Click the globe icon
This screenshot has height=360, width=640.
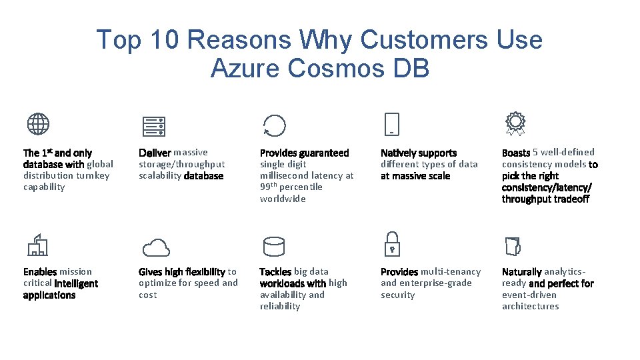(38, 124)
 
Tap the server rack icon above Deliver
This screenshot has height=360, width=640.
(154, 125)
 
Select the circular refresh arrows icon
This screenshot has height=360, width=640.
(274, 125)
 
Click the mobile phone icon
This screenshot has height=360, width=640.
(392, 125)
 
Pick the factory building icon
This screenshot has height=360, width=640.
(37, 245)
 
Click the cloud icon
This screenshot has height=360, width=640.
(157, 247)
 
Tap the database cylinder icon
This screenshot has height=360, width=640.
(274, 246)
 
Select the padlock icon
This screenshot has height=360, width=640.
(392, 245)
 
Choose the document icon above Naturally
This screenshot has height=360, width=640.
(513, 246)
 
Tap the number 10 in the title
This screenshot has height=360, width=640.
(164, 40)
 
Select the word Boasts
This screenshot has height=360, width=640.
(516, 153)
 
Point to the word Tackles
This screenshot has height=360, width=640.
(275, 272)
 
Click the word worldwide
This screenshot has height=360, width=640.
(283, 199)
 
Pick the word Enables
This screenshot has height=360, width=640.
(40, 272)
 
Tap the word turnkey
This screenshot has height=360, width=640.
(93, 175)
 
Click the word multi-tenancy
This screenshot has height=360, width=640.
(451, 272)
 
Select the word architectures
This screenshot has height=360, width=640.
(531, 306)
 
